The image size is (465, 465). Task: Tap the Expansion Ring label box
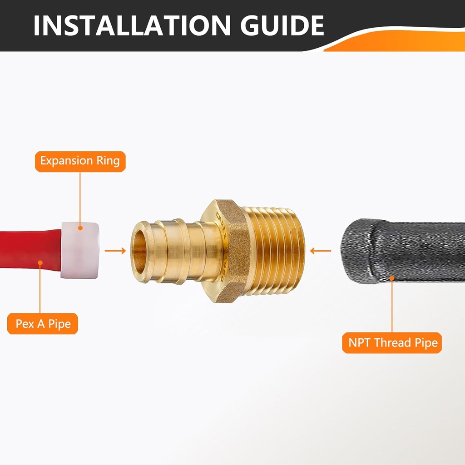pos(80,161)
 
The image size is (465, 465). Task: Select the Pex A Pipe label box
pos(43,324)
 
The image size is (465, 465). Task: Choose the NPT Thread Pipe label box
pos(391,343)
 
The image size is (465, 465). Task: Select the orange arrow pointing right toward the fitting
pos(115,250)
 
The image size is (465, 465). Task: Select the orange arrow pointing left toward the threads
pos(321,250)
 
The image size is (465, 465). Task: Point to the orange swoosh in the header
pos(395,43)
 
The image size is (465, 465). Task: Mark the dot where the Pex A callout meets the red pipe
pos(40,262)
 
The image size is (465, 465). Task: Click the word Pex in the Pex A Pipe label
pos(25,324)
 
